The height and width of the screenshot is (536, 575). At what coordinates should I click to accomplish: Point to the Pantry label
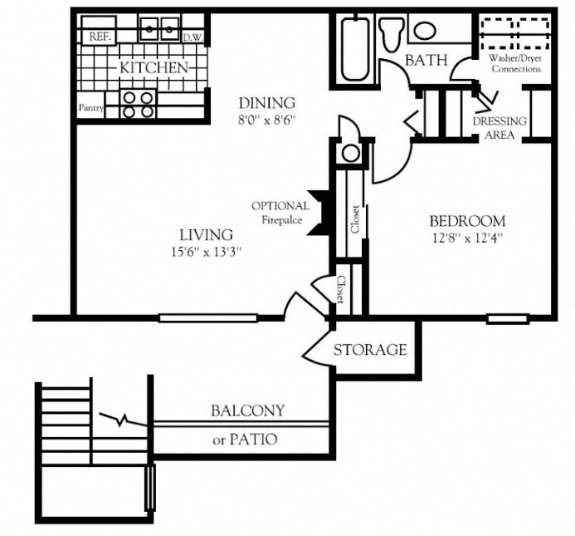click(90, 108)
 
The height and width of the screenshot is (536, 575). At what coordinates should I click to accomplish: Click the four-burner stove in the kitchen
click(138, 103)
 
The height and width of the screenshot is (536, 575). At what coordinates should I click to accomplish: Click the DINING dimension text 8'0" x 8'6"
click(267, 120)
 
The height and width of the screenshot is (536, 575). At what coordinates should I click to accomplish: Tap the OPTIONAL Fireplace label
click(280, 213)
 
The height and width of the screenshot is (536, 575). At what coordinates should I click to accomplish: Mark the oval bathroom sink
click(425, 31)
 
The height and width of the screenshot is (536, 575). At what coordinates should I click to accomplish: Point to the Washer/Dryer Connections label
click(516, 63)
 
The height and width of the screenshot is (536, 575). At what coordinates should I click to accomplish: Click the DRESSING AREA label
click(499, 127)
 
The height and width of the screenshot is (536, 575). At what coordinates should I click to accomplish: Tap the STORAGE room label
click(370, 350)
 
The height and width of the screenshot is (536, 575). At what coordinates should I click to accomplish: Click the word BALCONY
click(246, 411)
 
